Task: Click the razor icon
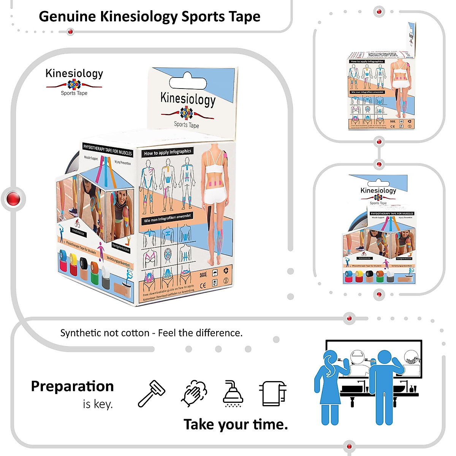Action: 152,393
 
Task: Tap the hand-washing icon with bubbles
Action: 194,394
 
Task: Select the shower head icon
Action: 233,394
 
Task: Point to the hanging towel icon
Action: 273,393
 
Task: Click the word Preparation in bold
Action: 72,386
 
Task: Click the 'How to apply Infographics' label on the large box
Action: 168,152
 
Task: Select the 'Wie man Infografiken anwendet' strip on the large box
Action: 168,218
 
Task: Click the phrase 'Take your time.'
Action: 236,424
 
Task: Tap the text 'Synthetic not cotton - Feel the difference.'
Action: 151,333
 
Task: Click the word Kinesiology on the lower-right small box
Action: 378,190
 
